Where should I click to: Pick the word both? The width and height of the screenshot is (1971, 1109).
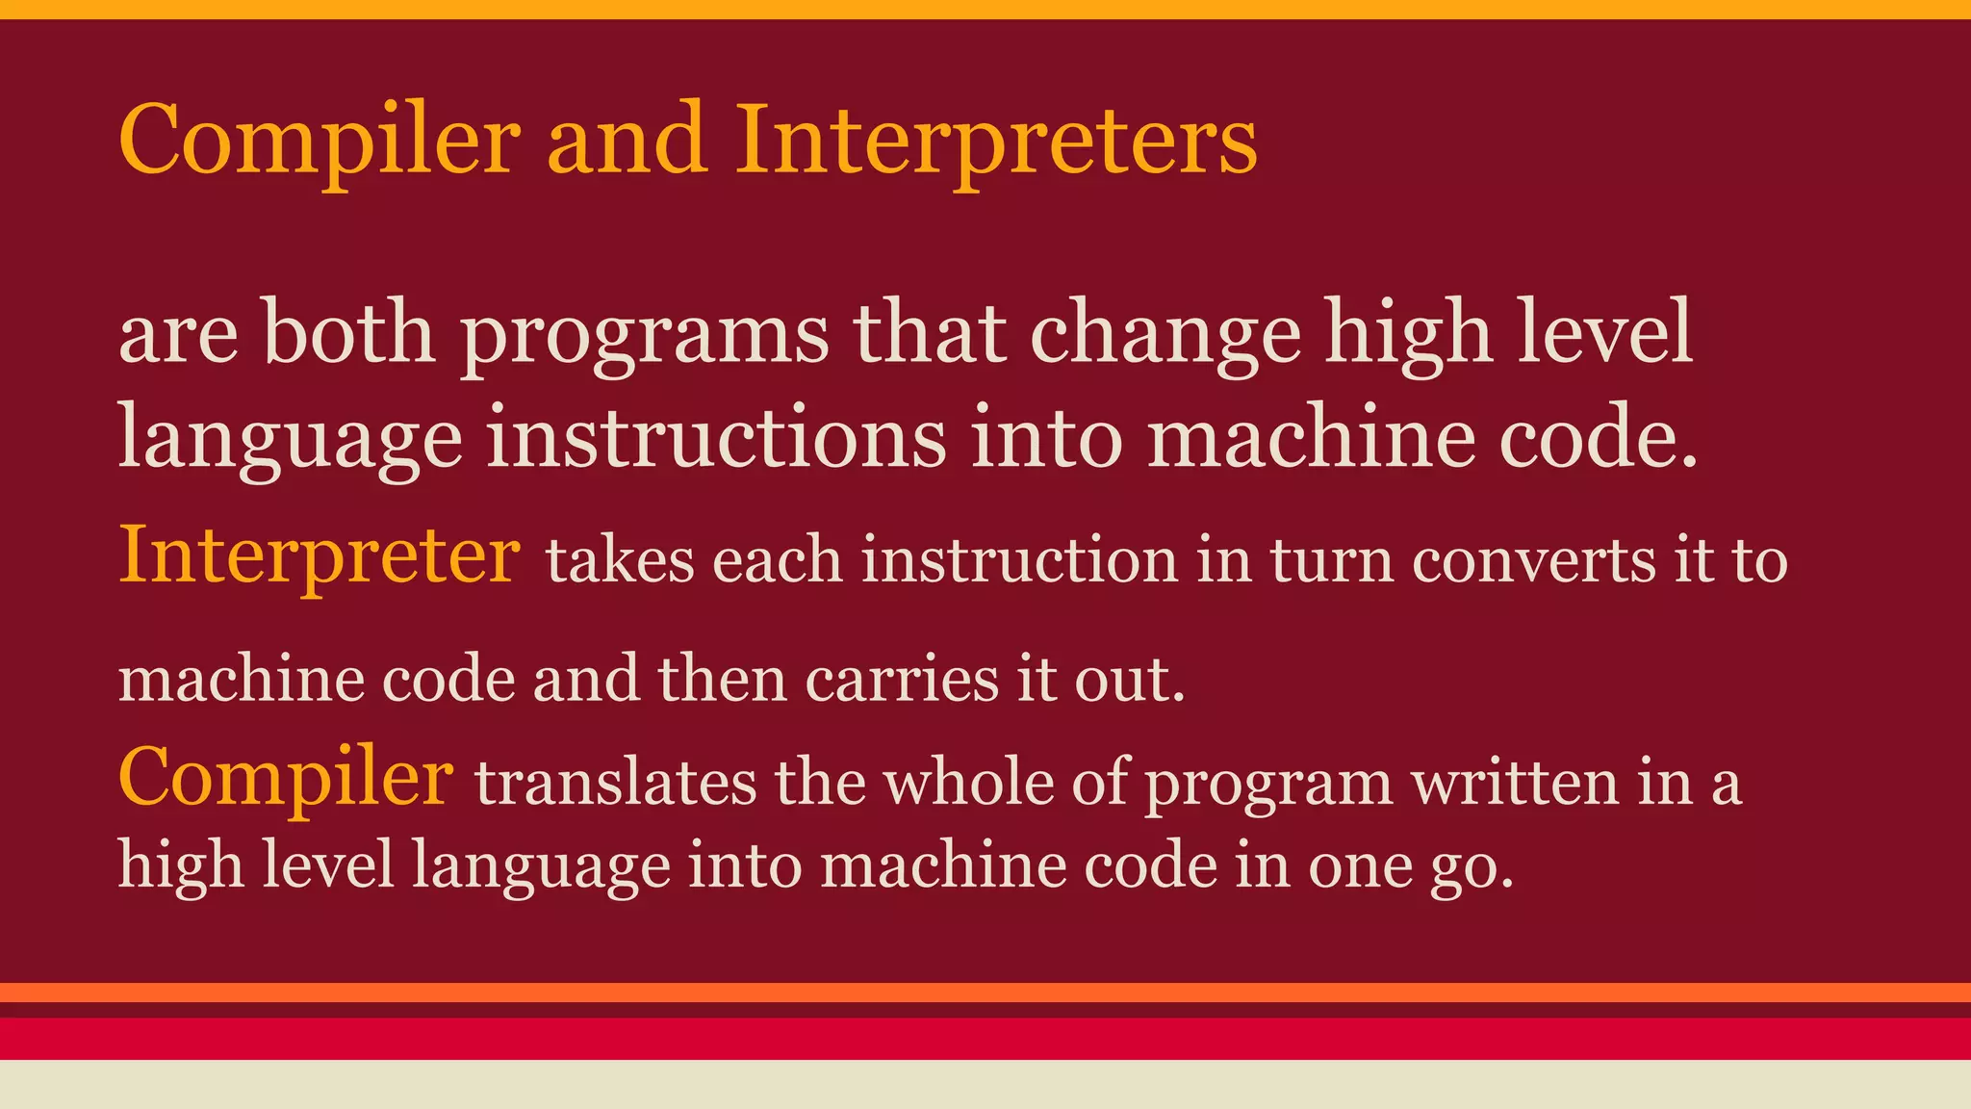click(x=348, y=332)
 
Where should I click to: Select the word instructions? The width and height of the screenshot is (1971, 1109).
click(x=717, y=438)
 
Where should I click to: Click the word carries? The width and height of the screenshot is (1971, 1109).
click(x=902, y=679)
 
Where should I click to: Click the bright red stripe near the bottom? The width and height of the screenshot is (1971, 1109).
click(x=985, y=1039)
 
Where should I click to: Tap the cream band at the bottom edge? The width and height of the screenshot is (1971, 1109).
click(x=985, y=1085)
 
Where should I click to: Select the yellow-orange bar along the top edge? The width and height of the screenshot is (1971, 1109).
click(x=985, y=9)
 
